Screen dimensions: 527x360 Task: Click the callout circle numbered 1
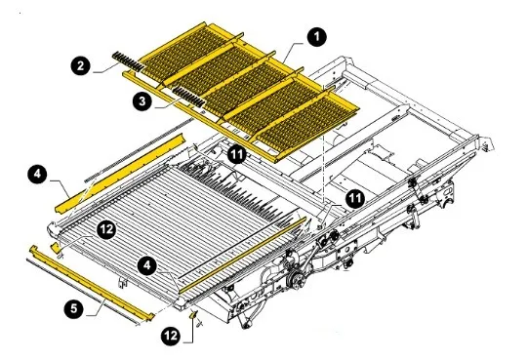[316, 37]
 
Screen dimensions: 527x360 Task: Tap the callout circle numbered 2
[80, 65]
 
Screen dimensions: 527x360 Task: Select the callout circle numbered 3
[142, 100]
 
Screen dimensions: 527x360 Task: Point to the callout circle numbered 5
[74, 308]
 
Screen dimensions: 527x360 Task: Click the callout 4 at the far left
[37, 174]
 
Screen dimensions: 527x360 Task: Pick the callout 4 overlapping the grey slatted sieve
[147, 265]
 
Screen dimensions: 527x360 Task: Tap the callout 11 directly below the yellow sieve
[237, 154]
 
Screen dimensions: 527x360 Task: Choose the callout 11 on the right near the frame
[355, 199]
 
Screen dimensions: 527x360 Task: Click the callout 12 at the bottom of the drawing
[171, 336]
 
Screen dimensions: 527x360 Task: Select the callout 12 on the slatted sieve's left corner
[106, 229]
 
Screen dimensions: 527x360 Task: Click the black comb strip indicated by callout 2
[128, 61]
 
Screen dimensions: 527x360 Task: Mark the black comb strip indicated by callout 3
[189, 97]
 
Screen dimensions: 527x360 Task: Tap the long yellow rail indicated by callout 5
[91, 282]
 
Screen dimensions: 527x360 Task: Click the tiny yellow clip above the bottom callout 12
[193, 314]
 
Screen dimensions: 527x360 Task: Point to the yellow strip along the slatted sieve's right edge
[243, 256]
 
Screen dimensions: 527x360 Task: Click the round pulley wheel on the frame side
[296, 279]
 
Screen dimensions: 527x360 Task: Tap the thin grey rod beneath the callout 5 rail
[82, 292]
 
